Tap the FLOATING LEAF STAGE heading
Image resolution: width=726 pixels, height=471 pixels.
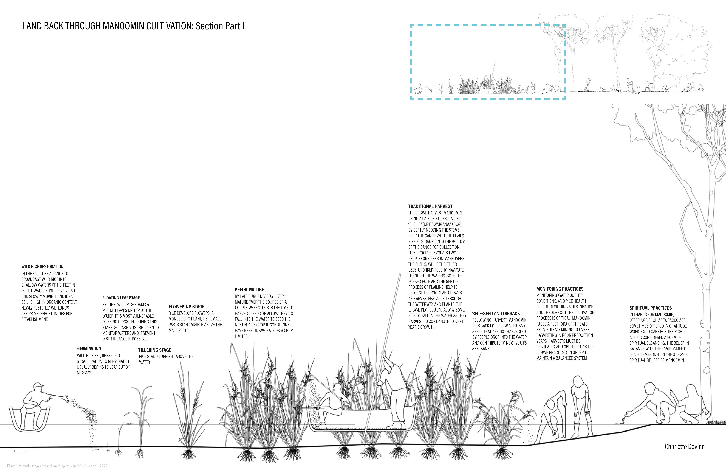(121, 298)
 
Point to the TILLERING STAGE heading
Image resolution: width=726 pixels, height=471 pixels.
(155, 350)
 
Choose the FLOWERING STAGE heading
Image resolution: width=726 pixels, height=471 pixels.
(186, 307)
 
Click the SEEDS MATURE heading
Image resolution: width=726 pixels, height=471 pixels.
(249, 290)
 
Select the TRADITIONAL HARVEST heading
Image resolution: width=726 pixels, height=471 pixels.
(430, 206)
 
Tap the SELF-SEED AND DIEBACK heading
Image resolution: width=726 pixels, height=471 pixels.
(496, 314)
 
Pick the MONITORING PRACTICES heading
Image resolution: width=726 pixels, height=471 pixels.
(560, 289)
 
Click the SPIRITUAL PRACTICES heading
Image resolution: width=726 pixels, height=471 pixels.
(650, 308)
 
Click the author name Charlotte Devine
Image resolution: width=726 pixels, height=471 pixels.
(685, 447)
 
